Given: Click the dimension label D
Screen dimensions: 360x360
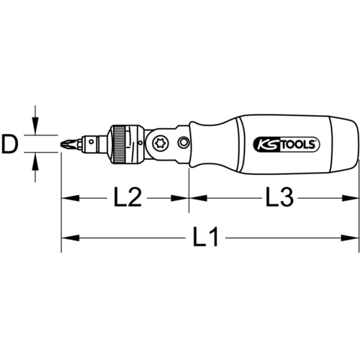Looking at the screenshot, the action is tap(10, 144).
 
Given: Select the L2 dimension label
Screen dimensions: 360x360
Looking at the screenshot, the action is tap(127, 198).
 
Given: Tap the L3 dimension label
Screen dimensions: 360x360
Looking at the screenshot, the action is tap(279, 198).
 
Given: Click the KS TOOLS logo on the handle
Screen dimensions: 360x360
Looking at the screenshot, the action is tap(287, 145).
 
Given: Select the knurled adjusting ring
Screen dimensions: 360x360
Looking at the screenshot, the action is tap(119, 144).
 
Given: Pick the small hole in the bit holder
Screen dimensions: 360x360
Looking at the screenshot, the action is tap(91, 142).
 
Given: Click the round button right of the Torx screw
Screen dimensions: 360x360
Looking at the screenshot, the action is tap(184, 143).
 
